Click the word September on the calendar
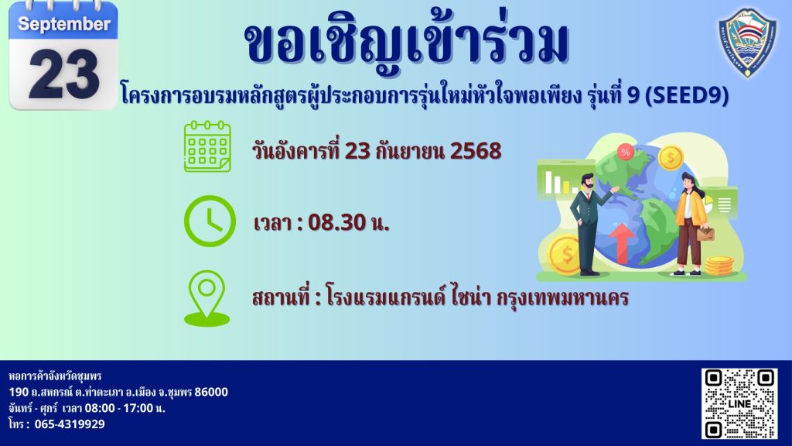64,24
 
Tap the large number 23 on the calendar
63,74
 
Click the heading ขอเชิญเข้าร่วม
407,43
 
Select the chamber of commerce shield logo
748,43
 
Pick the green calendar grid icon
207,146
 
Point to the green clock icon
210,221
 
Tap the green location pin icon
207,298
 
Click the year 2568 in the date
476,151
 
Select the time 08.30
337,222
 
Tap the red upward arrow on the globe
623,243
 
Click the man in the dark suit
589,225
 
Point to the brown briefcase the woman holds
706,233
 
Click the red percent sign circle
625,152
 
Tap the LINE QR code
739,403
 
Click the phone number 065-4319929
70,424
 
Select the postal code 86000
211,392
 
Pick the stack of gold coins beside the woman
719,266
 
